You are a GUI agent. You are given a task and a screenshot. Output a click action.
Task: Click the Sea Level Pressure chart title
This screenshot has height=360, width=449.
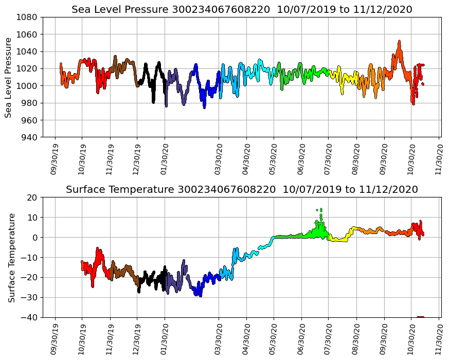(242, 9)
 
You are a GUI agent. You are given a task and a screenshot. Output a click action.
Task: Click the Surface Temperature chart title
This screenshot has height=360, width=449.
(242, 190)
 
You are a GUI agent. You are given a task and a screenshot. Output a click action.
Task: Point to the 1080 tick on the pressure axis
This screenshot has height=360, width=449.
(27, 17)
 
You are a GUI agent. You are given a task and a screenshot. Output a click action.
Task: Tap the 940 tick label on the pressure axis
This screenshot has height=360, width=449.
(29, 137)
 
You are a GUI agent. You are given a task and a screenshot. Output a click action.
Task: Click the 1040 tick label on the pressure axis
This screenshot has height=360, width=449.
(27, 51)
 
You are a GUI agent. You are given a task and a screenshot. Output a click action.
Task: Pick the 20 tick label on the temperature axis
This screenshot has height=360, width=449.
(32, 197)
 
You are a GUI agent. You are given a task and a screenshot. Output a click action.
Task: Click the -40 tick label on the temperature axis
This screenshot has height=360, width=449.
(29, 318)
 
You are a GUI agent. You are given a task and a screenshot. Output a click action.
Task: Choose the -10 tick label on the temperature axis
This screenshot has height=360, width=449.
(29, 258)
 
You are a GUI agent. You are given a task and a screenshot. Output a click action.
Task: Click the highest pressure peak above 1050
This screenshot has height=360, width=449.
(399, 42)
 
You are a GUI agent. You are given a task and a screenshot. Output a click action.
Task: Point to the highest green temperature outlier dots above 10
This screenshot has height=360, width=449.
(321, 209)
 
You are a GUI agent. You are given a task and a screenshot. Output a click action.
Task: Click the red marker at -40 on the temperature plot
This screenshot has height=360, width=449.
(420, 317)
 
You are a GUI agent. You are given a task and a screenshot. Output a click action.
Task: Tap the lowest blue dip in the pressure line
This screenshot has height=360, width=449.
(204, 107)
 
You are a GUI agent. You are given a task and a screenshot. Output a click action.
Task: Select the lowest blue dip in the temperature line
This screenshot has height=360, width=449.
(200, 296)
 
